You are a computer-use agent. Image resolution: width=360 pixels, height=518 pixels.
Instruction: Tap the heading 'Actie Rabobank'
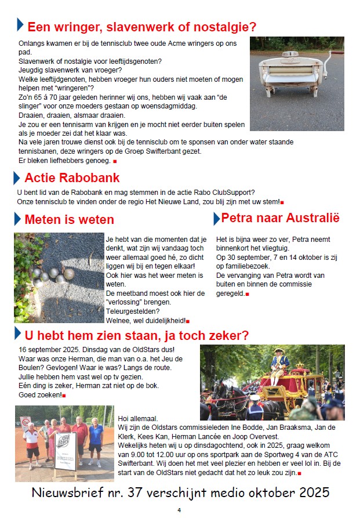pos(72,178)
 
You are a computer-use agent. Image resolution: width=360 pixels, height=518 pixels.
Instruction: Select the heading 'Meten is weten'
pos(69,219)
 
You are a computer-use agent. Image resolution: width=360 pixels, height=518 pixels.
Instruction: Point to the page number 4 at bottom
pos(179,510)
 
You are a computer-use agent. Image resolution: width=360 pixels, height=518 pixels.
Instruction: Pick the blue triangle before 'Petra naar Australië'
pos(216,219)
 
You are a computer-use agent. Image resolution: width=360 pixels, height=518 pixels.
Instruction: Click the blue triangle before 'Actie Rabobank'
pos(18,178)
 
